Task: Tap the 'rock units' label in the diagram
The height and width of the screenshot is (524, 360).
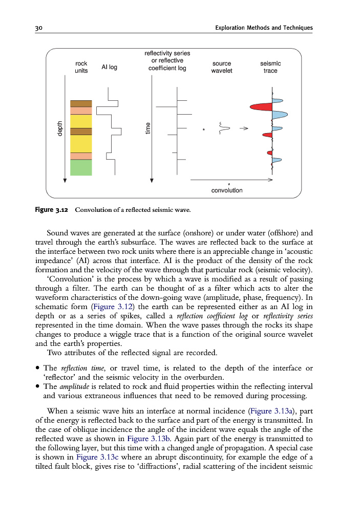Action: pos(81,67)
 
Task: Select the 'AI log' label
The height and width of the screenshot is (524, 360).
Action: pos(109,67)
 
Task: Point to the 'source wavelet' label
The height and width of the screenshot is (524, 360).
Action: pos(222,67)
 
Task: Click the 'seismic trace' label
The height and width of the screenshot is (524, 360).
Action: pos(270,67)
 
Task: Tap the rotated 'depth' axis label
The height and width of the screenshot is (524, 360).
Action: pos(59,128)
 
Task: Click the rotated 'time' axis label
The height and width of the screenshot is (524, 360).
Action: pos(147,128)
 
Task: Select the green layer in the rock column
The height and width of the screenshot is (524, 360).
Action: pos(81,168)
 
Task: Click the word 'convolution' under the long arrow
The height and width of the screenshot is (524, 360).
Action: pos(227,190)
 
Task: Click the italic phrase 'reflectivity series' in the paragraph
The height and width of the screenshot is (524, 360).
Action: pos(288,316)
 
